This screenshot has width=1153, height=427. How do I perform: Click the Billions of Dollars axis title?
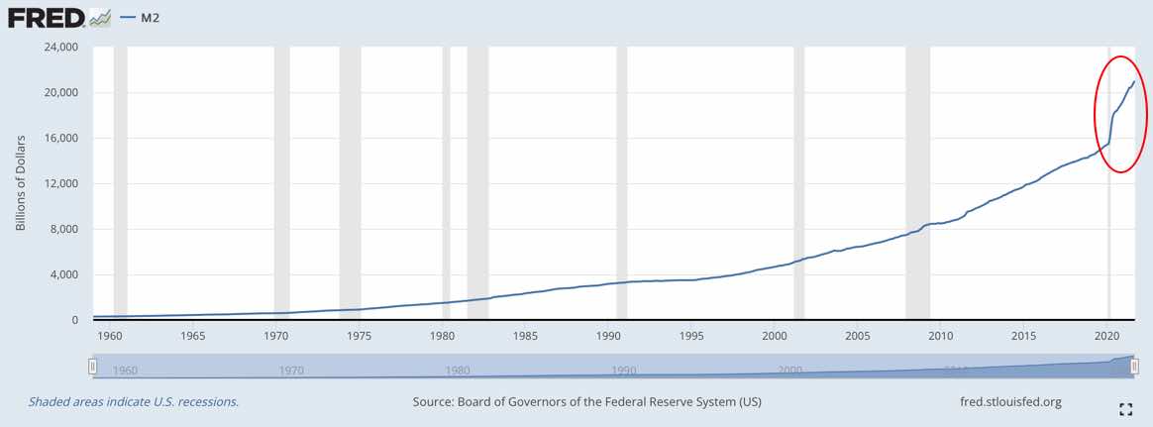coord(21,183)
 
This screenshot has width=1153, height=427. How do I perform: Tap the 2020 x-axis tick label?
coord(1107,336)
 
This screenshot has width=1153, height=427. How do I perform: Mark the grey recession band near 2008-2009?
coord(917,183)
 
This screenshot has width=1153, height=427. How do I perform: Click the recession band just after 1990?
coord(621,183)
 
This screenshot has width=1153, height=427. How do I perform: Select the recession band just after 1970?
coord(281,183)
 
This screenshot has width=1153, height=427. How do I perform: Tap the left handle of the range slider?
coord(93,367)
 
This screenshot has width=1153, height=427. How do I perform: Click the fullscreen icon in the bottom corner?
coord(1125,408)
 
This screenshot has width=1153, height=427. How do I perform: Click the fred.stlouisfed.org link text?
coord(1004,402)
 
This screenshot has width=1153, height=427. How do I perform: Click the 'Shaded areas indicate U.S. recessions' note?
coord(134,402)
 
